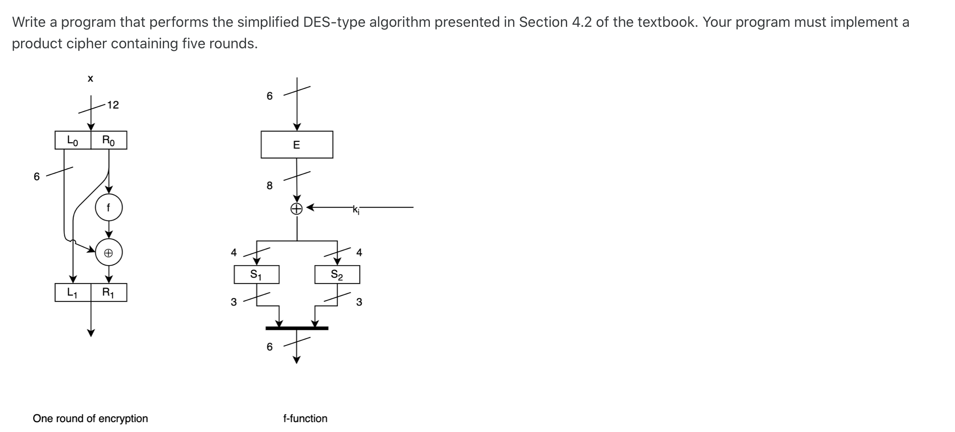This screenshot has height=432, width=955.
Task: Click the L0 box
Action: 72,140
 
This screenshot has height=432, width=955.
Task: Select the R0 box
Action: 109,140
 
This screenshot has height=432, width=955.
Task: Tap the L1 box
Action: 72,292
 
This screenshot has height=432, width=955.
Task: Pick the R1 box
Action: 109,292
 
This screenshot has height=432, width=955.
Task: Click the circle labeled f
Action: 108,208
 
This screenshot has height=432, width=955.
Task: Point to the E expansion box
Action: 297,144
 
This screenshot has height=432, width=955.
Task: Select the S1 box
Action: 256,275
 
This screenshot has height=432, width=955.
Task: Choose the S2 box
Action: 337,275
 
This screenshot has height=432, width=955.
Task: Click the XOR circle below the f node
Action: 108,253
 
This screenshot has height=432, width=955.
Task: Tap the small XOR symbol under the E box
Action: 297,208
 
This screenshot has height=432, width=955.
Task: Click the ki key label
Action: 356,209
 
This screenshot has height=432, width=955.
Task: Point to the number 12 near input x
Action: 113,105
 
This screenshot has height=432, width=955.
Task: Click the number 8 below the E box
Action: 269,185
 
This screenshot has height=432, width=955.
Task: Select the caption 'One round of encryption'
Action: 90,419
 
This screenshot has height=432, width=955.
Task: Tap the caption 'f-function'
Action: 305,419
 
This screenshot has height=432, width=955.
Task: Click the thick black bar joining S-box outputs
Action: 297,328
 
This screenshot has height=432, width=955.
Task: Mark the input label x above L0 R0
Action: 90,79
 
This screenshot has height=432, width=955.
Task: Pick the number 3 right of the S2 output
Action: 359,302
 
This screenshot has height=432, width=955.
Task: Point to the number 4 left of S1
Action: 233,253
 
